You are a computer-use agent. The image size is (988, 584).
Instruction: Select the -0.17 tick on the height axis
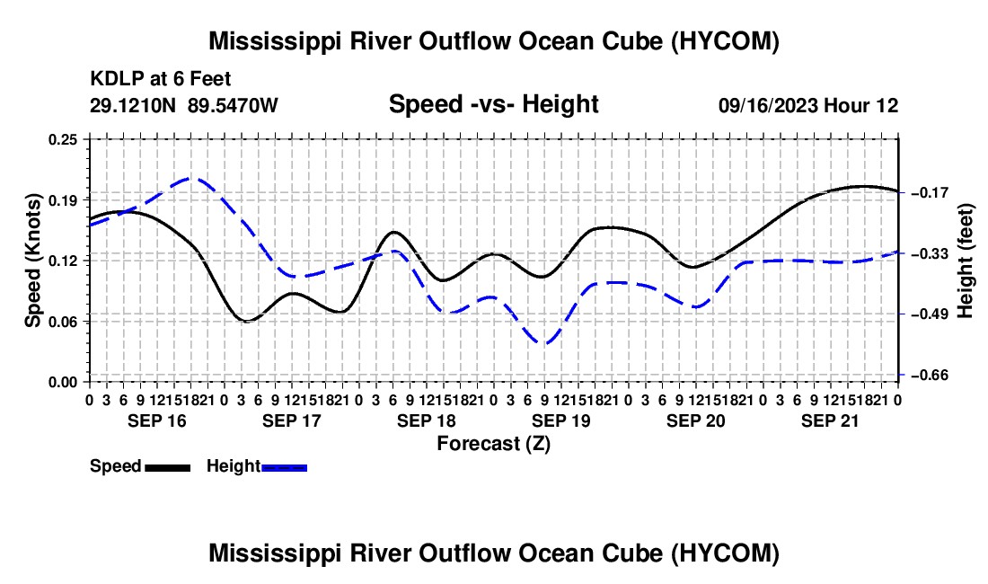930,192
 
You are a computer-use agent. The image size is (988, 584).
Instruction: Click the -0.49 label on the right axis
930,314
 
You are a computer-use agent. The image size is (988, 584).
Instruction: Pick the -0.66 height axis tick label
930,375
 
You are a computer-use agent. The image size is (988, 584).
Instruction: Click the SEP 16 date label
157,420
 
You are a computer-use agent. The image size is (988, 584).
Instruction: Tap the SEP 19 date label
560,420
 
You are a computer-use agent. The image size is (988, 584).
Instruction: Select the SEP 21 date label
830,420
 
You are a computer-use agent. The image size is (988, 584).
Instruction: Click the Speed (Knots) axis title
32,261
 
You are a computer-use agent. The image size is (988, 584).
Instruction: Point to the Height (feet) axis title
966,261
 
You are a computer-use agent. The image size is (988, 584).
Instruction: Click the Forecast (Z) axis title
493,444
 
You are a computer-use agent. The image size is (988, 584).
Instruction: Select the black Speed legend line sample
168,467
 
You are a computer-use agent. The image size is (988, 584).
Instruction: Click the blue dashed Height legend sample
284,467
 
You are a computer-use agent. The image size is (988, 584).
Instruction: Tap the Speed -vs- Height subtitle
493,104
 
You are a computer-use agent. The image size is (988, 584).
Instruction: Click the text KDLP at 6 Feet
161,79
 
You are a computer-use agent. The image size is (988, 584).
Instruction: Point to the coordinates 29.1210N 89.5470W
183,105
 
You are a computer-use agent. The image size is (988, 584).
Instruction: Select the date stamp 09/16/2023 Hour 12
808,105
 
